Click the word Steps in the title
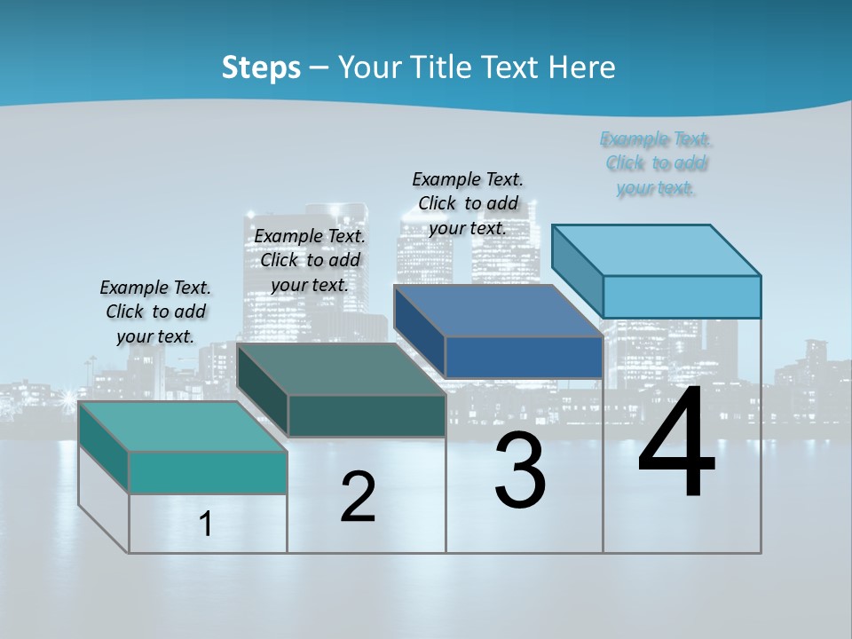pyautogui.click(x=261, y=67)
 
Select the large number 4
pyautogui.click(x=676, y=443)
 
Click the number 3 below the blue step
pyautogui.click(x=520, y=470)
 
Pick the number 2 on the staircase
pyautogui.click(x=358, y=497)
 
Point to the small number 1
pyautogui.click(x=206, y=525)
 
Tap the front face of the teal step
pyautogui.click(x=208, y=472)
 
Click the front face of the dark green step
pyautogui.click(x=367, y=415)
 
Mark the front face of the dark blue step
pyautogui.click(x=524, y=357)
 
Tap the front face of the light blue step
pyautogui.click(x=682, y=296)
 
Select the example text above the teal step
pyautogui.click(x=155, y=312)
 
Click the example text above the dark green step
pyautogui.click(x=310, y=260)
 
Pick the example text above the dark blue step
pyautogui.click(x=468, y=203)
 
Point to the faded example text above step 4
pyautogui.click(x=656, y=163)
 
